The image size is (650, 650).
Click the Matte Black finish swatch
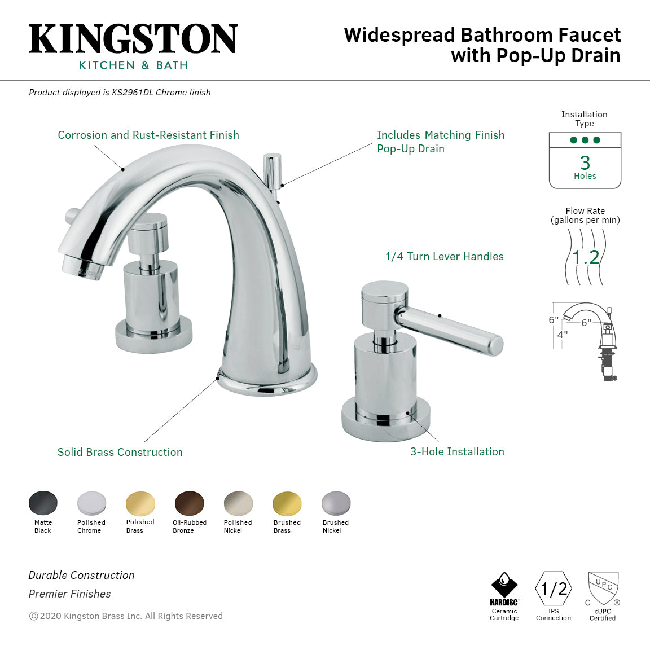[43, 503]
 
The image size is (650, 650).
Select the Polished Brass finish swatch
[140, 503]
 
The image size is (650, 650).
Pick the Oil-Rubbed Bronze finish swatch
[190, 503]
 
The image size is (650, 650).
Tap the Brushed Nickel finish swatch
[336, 503]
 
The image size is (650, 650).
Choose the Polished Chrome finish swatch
[91, 503]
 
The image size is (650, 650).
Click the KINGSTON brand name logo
[133, 39]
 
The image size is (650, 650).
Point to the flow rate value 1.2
[585, 257]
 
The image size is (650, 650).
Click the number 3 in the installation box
[585, 162]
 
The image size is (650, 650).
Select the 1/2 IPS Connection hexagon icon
[554, 589]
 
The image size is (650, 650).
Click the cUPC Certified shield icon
[603, 588]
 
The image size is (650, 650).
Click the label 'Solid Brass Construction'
[120, 452]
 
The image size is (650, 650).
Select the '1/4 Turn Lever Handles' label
[444, 256]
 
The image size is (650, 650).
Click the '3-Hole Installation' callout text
[457, 451]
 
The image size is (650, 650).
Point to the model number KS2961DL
[132, 93]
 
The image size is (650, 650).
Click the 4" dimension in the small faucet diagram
[562, 334]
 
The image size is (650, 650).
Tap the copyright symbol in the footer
[33, 616]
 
